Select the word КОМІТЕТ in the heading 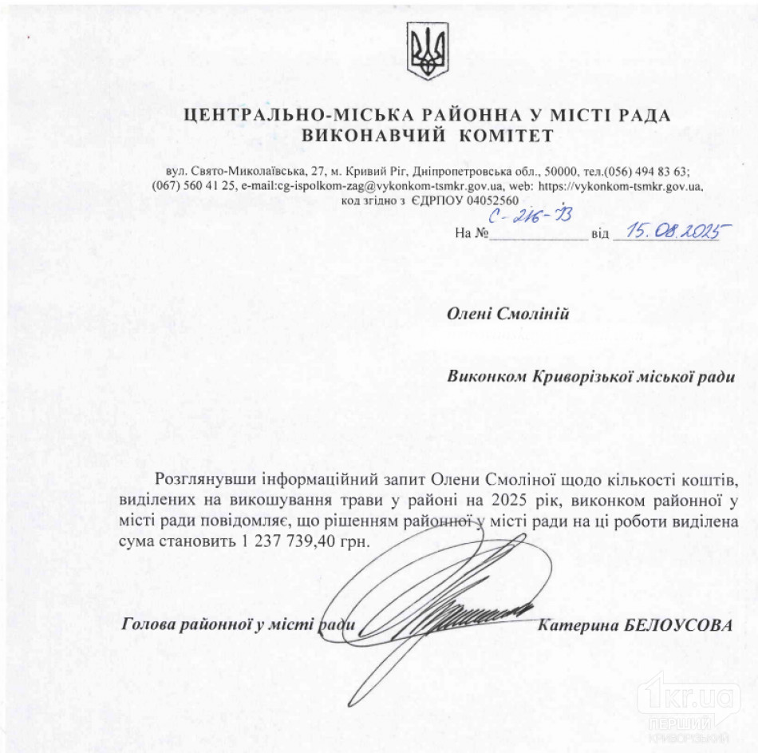pos(505,135)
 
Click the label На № pos(472,235)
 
